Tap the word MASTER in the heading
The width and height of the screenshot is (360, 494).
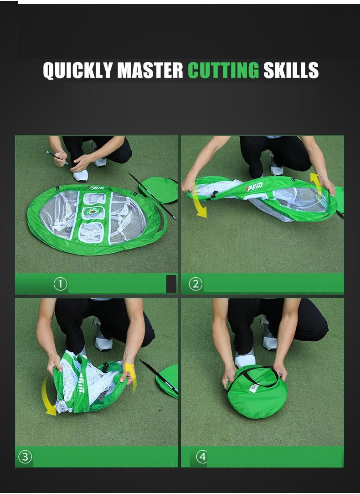(x=150, y=70)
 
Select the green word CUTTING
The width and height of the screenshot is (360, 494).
(x=223, y=70)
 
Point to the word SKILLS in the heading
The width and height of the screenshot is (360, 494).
(x=291, y=70)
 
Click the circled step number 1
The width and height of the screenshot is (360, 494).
(x=60, y=284)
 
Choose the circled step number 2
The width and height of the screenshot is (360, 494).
(x=195, y=284)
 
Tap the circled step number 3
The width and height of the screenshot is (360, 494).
(x=25, y=457)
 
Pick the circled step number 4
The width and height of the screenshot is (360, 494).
(x=202, y=457)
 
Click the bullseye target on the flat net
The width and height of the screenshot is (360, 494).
(x=94, y=213)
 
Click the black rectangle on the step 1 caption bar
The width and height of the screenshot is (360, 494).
(x=171, y=284)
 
